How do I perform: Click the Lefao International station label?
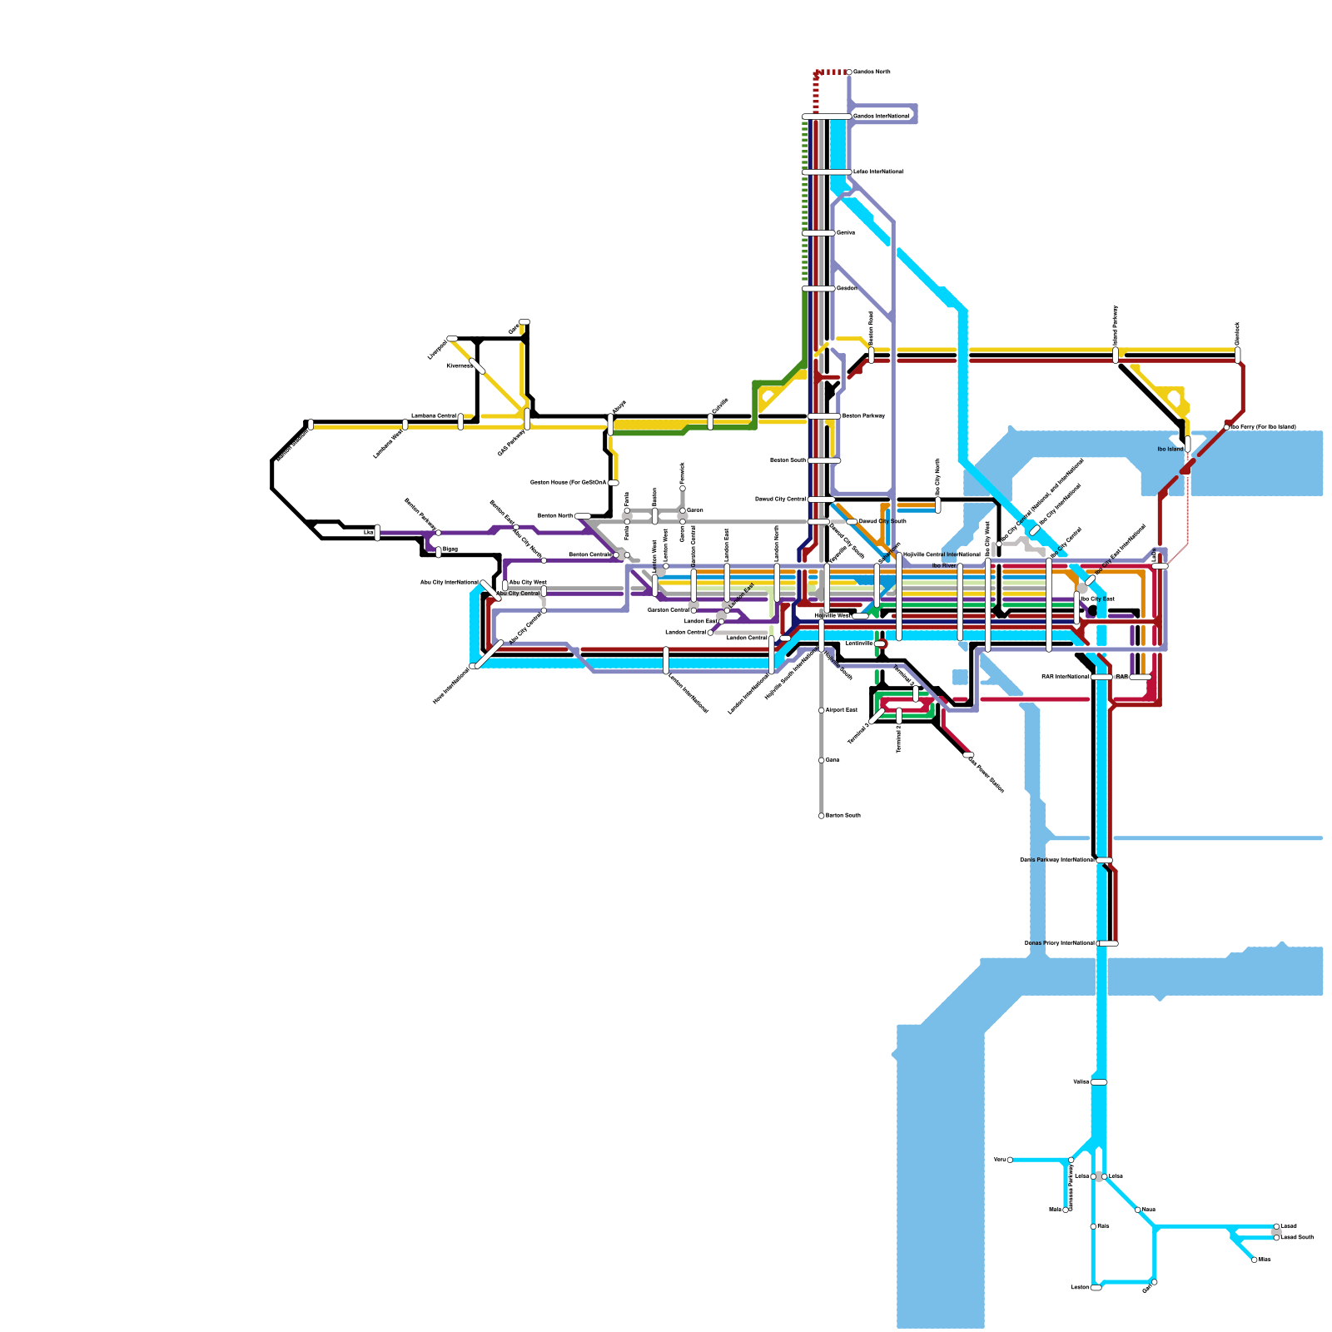pos(877,171)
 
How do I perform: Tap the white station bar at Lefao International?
pos(827,171)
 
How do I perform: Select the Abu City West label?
pos(528,582)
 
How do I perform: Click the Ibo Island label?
pos(1170,449)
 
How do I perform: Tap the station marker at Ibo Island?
pos(1187,444)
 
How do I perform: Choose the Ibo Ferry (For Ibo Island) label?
pos(1263,427)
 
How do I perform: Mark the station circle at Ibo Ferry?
pos(1226,427)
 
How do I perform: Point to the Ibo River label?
pos(943,565)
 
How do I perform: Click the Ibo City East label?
pos(1097,599)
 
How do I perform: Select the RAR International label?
pos(1065,677)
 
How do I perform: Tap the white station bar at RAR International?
pos(1101,677)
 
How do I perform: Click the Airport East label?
pos(841,710)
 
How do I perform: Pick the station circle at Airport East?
pos(822,710)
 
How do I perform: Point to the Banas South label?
pos(842,816)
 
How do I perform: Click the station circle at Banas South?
pos(822,816)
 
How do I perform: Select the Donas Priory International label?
pos(1059,943)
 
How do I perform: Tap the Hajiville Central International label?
pos(942,554)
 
